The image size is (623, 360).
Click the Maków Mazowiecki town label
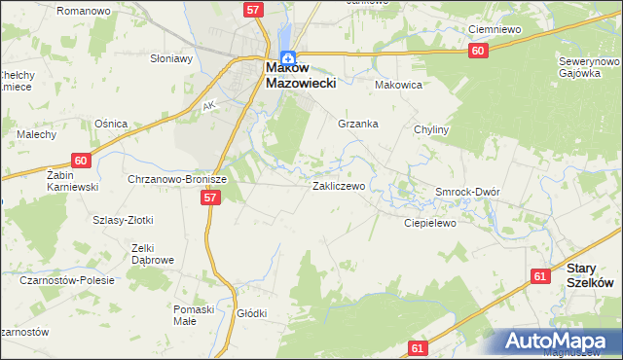point(301,76)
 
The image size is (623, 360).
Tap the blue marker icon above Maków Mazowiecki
point(287,57)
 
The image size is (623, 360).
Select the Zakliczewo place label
point(338,185)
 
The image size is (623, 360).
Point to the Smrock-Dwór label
point(467,192)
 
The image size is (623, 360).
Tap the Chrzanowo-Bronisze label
point(177,180)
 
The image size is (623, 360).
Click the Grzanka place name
point(357,125)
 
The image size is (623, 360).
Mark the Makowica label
point(398,85)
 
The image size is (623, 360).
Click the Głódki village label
point(251,313)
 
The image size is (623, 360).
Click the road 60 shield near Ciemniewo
point(476,51)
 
